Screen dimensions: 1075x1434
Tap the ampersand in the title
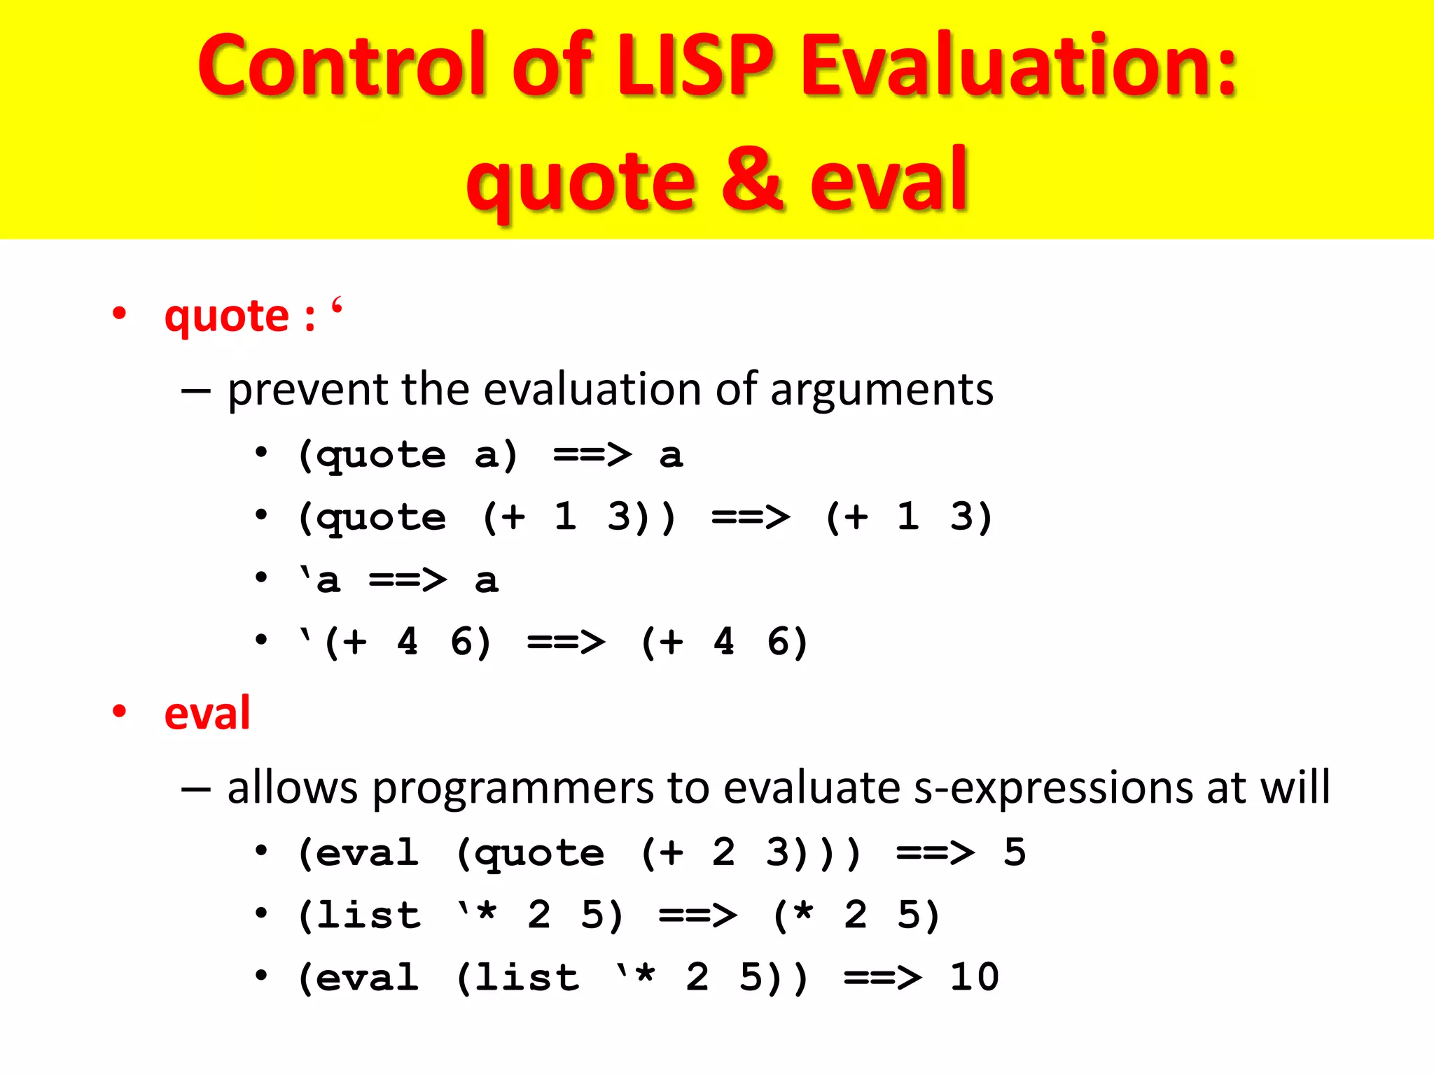751,180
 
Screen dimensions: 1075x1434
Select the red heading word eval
207,713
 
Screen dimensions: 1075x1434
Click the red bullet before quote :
120,314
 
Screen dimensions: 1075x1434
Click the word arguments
882,391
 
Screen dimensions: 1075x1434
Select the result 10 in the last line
974,977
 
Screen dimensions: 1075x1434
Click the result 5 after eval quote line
1015,852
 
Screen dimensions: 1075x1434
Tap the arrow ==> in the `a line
408,580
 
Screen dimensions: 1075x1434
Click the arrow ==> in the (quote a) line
592,455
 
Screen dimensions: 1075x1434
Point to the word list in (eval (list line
527,977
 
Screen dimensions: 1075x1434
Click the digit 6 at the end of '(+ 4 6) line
779,642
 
